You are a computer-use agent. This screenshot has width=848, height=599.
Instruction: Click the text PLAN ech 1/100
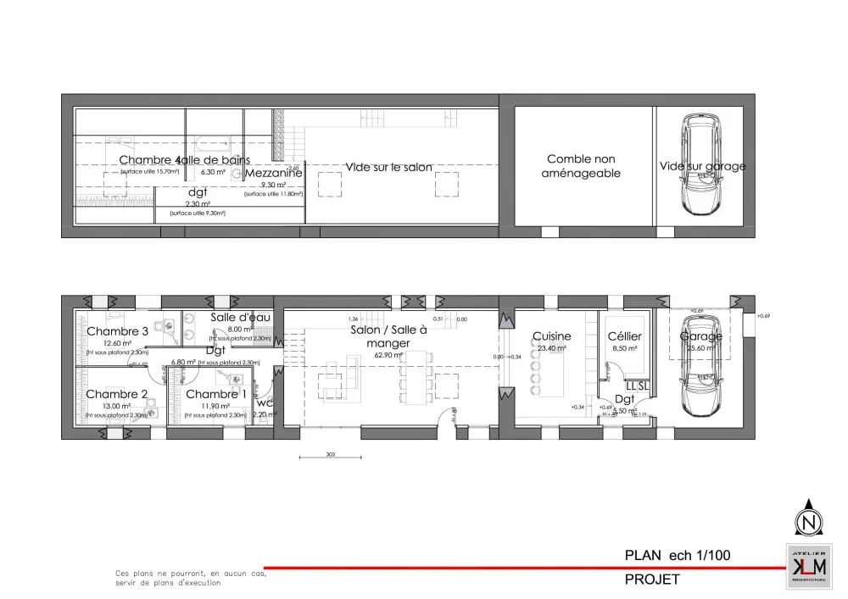tap(677, 556)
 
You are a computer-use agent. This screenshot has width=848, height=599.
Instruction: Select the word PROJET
tap(652, 580)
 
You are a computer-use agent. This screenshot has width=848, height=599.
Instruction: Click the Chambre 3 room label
tap(117, 331)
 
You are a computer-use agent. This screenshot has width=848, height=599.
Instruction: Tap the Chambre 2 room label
tap(117, 394)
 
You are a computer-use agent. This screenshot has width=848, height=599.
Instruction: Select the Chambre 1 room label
tap(216, 394)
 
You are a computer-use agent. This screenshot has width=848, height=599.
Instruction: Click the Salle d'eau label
tap(240, 316)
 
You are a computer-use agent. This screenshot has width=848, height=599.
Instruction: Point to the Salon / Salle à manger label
tap(388, 336)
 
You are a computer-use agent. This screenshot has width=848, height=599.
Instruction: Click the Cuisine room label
tap(551, 336)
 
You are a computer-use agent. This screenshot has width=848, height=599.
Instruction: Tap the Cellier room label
tap(625, 336)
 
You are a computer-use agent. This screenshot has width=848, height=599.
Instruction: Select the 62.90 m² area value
tap(388, 356)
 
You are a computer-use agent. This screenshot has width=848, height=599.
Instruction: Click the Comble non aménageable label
tap(581, 166)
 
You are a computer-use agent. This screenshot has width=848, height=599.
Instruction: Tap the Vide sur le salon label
tap(388, 167)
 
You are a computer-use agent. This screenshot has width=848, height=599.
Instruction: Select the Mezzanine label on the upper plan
tap(273, 173)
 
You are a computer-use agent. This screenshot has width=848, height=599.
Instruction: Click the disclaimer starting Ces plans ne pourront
tap(191, 578)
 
